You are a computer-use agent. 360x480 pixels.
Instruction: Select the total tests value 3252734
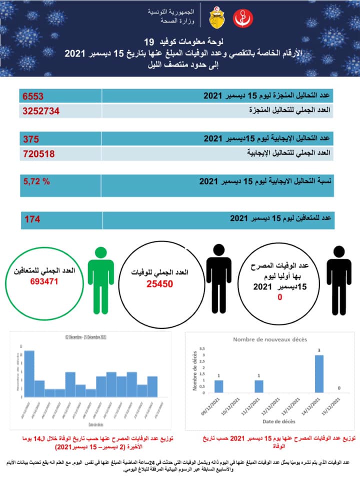point(41,110)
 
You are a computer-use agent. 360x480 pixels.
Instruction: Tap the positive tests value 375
point(30,139)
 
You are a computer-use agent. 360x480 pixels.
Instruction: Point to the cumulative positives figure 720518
point(38,153)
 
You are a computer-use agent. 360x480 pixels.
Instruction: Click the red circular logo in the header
point(244,18)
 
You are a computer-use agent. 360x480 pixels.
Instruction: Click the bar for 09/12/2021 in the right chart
point(218,386)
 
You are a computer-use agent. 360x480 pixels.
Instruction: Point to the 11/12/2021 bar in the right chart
point(258,386)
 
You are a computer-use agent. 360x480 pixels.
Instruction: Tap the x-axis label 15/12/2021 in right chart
point(333,405)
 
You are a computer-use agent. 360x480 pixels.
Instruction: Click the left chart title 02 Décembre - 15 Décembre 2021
point(82,337)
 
